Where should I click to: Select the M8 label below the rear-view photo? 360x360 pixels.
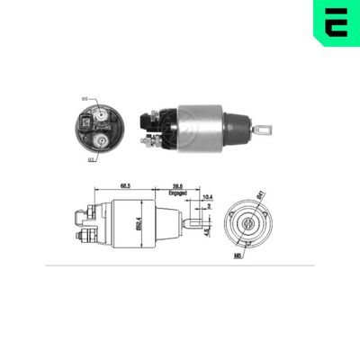click(91, 159)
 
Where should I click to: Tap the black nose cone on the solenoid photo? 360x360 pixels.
click(237, 129)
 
